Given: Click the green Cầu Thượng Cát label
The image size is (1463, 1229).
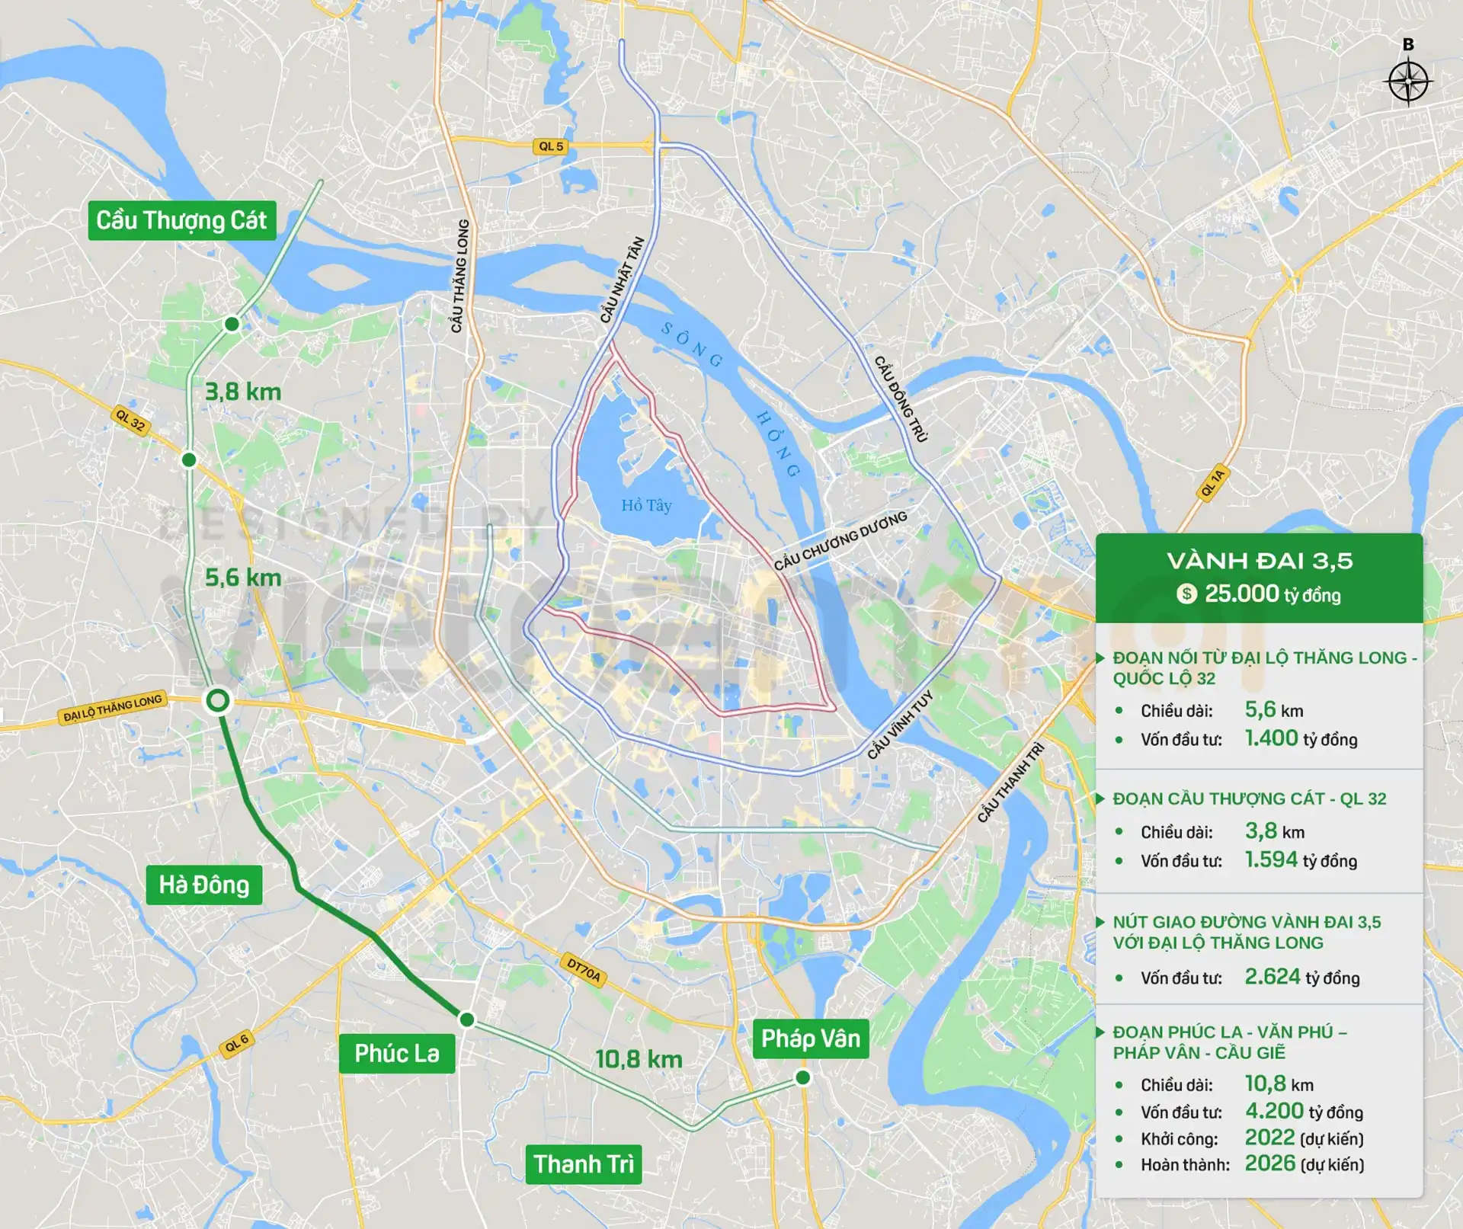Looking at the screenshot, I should pyautogui.click(x=181, y=220).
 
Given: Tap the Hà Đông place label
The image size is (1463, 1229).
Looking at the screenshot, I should pyautogui.click(x=203, y=885).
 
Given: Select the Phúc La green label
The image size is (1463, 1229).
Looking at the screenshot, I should pyautogui.click(x=396, y=1053).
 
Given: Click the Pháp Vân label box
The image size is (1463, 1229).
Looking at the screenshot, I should pyautogui.click(x=810, y=1038).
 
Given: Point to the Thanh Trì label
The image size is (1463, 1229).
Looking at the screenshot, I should pyautogui.click(x=583, y=1163).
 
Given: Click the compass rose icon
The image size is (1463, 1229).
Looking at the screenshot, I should pyautogui.click(x=1408, y=82).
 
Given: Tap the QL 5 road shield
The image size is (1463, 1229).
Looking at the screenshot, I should pyautogui.click(x=550, y=146).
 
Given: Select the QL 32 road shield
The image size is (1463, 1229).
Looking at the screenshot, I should pyautogui.click(x=130, y=420).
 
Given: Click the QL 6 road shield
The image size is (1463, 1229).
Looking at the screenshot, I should pyautogui.click(x=237, y=1043).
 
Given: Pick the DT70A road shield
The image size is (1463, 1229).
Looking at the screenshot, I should pyautogui.click(x=584, y=971).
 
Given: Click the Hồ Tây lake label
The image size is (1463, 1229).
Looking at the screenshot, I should pyautogui.click(x=646, y=505).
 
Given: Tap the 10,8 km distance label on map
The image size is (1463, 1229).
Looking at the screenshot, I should pyautogui.click(x=639, y=1058).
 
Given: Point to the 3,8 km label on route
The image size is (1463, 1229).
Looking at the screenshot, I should pyautogui.click(x=243, y=392).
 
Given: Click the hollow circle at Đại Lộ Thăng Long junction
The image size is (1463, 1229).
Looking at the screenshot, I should pyautogui.click(x=218, y=700).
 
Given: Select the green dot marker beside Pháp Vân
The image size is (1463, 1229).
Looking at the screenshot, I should pyautogui.click(x=802, y=1077).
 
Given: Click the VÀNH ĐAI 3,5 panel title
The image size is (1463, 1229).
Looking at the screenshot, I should pyautogui.click(x=1260, y=561).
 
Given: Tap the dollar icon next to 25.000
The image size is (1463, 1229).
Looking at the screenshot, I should pyautogui.click(x=1186, y=594).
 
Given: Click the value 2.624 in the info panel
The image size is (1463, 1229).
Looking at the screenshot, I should pyautogui.click(x=1272, y=976).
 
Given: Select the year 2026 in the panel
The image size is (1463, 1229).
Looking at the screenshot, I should pyautogui.click(x=1269, y=1163).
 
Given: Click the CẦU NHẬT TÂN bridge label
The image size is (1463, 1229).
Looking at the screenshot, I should pyautogui.click(x=622, y=280).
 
